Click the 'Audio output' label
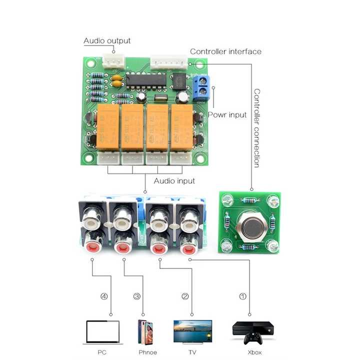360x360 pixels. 106,41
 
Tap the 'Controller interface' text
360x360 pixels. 225,51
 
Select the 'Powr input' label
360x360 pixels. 227,114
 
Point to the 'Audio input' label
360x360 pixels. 174,180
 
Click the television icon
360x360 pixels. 192,331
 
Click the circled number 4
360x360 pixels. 104,296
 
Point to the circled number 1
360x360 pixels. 243,296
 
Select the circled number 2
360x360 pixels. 185,296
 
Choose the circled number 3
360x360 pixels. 136,296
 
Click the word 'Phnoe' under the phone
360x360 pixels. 147,352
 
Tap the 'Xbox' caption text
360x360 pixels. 254,352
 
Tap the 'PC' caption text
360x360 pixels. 102,352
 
